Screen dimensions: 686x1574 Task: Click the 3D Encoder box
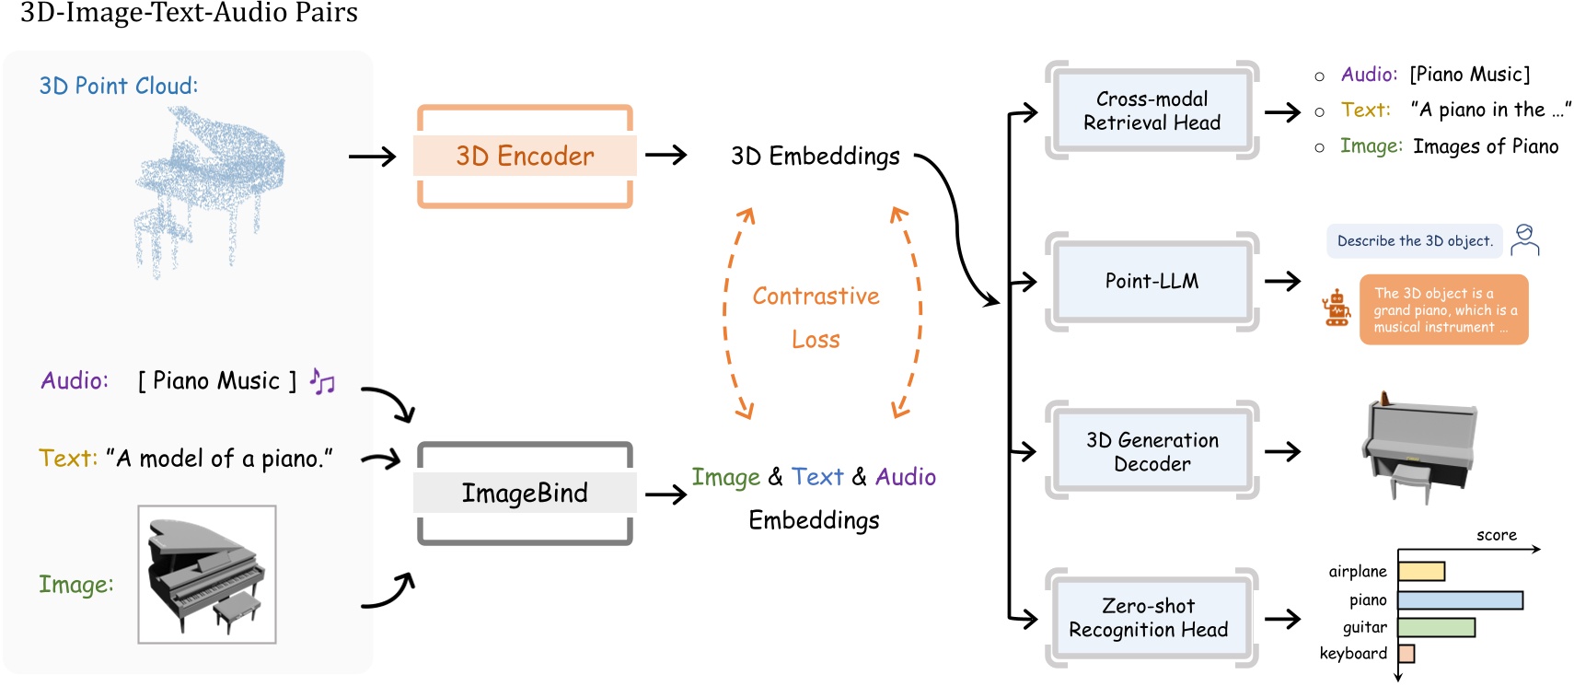525,156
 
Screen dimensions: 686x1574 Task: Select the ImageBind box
525,493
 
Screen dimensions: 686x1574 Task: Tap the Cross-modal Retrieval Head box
1152,110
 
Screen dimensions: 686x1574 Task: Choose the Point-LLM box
1152,281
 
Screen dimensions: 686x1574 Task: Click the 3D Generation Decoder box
1152,451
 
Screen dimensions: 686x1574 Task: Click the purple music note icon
322,380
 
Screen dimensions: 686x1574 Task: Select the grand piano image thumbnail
207,574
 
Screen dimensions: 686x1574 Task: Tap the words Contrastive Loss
816,317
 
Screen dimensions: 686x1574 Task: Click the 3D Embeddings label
816,157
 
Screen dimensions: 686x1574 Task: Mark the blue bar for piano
1460,600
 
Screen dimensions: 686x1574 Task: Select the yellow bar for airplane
1421,572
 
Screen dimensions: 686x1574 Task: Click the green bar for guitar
1436,628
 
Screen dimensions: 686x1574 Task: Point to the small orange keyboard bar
1406,654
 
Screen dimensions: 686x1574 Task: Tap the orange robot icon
1337,308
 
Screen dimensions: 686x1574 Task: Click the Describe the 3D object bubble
1414,241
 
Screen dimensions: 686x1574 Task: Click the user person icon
1525,239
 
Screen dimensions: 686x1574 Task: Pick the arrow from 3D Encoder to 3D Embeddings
666,156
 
